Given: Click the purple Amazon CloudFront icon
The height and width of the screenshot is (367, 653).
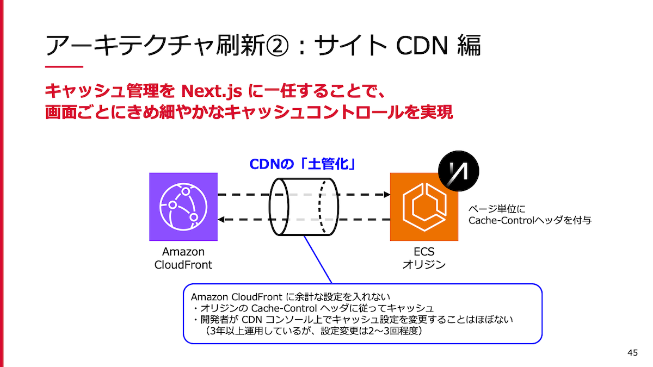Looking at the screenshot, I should coord(183,207).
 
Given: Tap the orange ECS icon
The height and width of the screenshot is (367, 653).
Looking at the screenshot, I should coord(424,207).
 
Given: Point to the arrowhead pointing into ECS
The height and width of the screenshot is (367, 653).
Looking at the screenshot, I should coord(387,194).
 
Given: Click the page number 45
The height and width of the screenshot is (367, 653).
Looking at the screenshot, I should coord(632,353).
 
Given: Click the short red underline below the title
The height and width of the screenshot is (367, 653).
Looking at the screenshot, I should coord(64,67).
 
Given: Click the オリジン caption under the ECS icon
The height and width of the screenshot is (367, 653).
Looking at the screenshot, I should coord(424,265).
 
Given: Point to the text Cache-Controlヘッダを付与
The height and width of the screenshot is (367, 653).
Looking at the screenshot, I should coord(530,220).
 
